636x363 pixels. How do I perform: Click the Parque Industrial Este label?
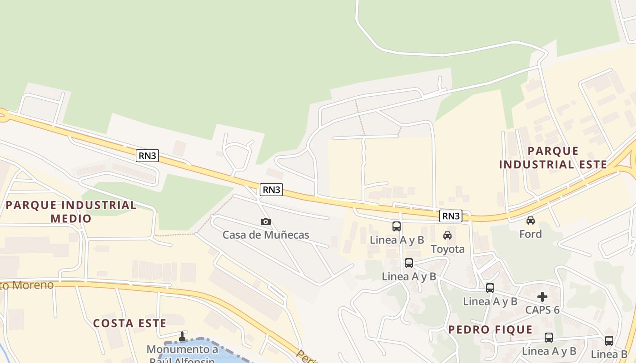[x=553, y=157]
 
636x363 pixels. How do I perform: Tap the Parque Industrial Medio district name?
[x=71, y=211]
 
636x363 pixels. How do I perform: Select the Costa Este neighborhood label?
[x=129, y=323]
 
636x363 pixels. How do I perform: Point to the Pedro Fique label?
[x=490, y=330]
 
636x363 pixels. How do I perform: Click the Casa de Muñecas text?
[x=266, y=235]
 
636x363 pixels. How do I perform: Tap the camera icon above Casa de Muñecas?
[x=266, y=221]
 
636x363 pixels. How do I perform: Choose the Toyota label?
[x=447, y=249]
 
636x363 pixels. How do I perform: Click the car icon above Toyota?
[x=447, y=235]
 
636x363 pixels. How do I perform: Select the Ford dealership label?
[x=531, y=234]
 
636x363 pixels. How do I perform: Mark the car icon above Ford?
[x=531, y=221]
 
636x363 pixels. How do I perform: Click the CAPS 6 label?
[x=542, y=310]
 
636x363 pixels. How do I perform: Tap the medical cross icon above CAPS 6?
[x=542, y=297]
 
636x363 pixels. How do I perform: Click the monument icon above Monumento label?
[x=182, y=336]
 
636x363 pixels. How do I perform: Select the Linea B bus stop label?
[x=609, y=354]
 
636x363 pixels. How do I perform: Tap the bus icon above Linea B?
[x=609, y=340]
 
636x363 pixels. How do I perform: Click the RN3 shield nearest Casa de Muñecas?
[x=271, y=190]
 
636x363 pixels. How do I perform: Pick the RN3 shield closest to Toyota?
[x=451, y=216]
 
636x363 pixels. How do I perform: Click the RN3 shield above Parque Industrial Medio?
[x=148, y=156]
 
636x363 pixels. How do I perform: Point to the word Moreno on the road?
[x=34, y=285]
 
